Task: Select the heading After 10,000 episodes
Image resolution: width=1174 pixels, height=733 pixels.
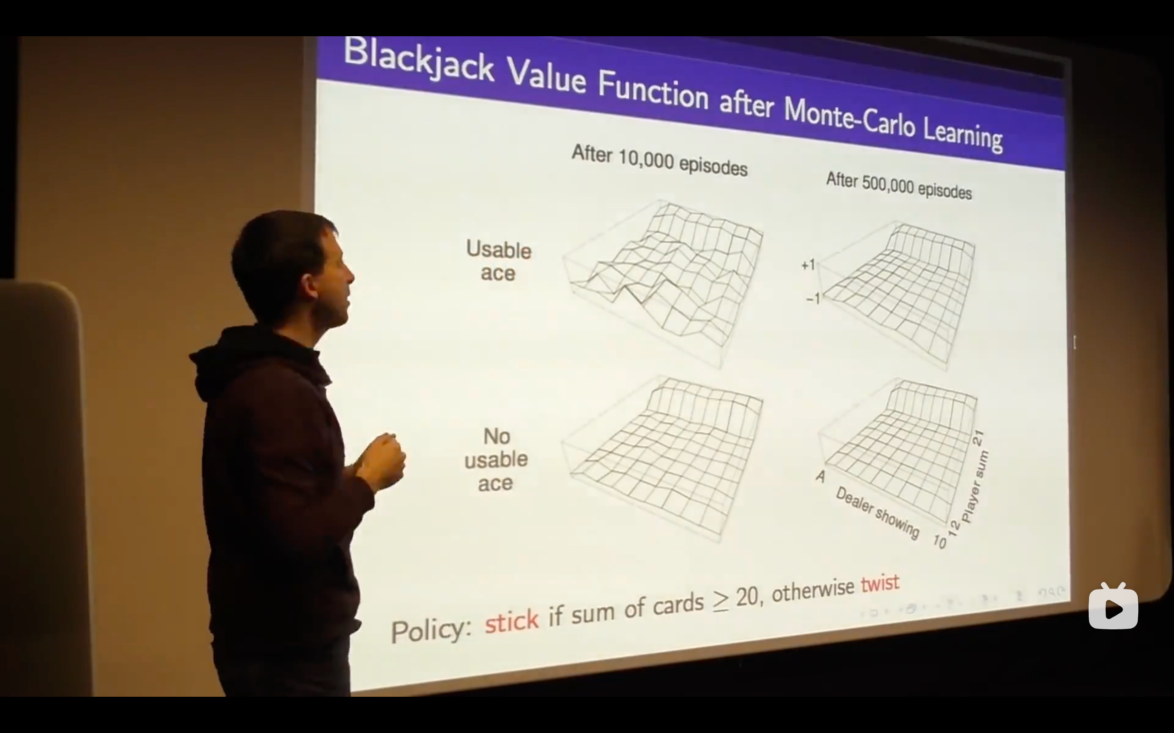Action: pyautogui.click(x=659, y=160)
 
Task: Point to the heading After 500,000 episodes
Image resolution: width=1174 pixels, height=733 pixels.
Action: pyautogui.click(x=899, y=186)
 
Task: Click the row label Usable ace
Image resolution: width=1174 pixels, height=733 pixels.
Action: pyautogui.click(x=498, y=261)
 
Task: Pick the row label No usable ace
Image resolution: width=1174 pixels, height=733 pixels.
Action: pyautogui.click(x=496, y=460)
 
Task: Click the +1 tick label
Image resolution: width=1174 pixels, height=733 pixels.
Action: pyautogui.click(x=808, y=265)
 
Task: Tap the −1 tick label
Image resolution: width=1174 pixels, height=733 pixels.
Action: pyautogui.click(x=813, y=298)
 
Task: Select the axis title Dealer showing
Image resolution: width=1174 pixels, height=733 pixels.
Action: pyautogui.click(x=877, y=513)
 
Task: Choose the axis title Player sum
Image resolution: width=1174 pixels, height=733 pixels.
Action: pyautogui.click(x=975, y=487)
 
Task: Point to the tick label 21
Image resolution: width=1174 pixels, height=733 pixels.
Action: pyautogui.click(x=978, y=438)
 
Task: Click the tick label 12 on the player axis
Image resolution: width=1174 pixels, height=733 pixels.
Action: pyautogui.click(x=953, y=528)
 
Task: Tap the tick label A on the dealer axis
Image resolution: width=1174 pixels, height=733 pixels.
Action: pyautogui.click(x=820, y=477)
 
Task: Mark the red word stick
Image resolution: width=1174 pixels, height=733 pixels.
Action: pyautogui.click(x=512, y=621)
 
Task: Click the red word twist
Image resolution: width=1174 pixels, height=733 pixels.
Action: pyautogui.click(x=880, y=583)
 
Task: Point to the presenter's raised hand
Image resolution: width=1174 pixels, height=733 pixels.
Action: pyautogui.click(x=383, y=461)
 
